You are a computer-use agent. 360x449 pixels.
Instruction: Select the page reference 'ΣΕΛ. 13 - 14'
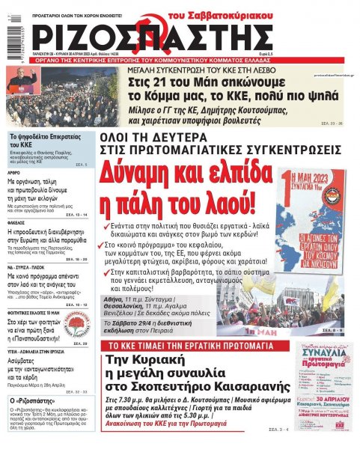(x=76, y=215)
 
